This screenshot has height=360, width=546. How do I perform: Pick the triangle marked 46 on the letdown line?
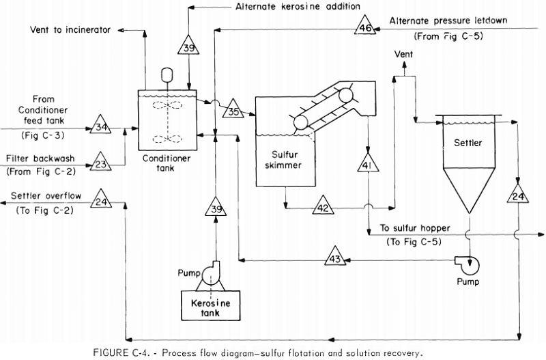364,28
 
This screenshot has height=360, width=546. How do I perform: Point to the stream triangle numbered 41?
367,165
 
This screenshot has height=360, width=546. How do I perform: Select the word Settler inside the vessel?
468,143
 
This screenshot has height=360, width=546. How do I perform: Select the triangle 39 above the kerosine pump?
215,206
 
